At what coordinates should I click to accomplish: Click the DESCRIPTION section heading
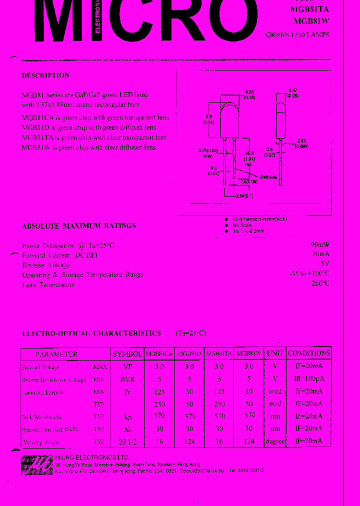[x=45, y=75]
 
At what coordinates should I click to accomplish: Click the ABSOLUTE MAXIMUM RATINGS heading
[x=78, y=226]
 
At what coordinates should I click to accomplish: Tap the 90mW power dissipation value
[x=319, y=245]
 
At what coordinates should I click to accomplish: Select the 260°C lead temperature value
[x=319, y=283]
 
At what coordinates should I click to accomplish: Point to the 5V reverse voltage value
[x=324, y=264]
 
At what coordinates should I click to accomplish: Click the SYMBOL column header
[x=127, y=353]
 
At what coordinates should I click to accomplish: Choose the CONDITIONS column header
[x=309, y=353]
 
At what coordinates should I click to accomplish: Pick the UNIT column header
[x=275, y=353]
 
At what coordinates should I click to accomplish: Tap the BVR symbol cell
[x=127, y=379]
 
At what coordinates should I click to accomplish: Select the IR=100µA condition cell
[x=308, y=379]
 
